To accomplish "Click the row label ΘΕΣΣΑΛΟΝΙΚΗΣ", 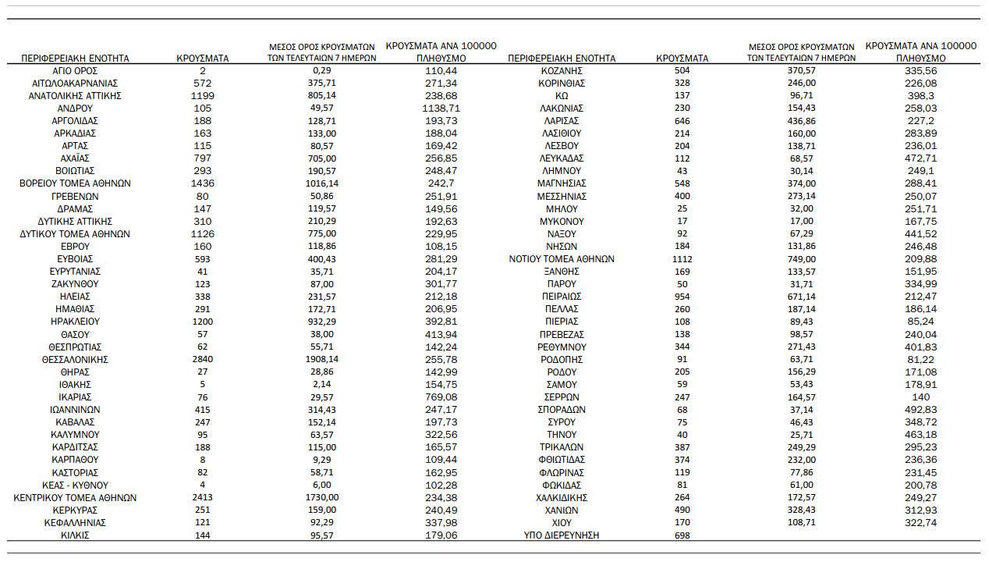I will pos(75,359).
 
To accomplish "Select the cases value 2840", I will pos(202,359).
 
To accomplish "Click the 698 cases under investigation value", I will pos(682,535).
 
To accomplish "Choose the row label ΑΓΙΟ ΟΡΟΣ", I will pos(75,70).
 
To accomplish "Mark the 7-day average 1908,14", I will pos(322,359).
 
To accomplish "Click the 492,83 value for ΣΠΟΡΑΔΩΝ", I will pos(920,409).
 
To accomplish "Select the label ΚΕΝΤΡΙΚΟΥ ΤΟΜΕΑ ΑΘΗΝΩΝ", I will pos(75,497).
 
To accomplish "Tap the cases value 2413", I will pos(202,497).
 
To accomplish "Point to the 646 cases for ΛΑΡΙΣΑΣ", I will pos(682,120).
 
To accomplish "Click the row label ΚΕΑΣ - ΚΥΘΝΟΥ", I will pos(75,485).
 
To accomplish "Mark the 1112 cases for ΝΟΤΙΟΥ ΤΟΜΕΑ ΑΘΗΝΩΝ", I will pos(682,258).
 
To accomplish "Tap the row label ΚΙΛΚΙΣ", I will pos(75,535).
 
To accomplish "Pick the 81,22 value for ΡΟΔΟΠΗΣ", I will pos(920,359).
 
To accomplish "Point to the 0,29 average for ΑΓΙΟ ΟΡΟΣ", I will pos(322,70).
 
